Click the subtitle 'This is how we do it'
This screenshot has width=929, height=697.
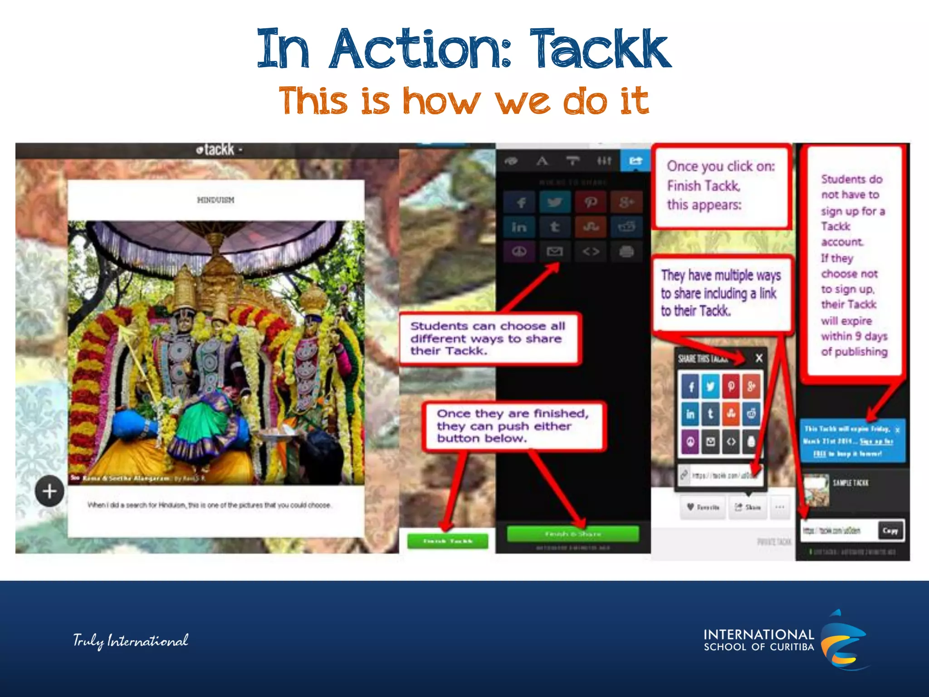(x=464, y=101)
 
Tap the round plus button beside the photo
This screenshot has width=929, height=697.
(x=49, y=491)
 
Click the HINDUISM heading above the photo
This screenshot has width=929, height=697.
(x=215, y=200)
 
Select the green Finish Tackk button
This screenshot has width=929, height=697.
(x=448, y=541)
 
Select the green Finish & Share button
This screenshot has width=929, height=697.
(x=572, y=534)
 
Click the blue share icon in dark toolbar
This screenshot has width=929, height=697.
(x=636, y=161)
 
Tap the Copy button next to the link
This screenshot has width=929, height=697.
(x=890, y=530)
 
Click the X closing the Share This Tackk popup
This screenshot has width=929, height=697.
(x=759, y=358)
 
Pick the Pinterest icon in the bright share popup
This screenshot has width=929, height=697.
(x=731, y=387)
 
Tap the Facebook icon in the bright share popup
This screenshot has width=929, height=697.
(x=690, y=387)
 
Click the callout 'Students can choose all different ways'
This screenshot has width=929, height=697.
(x=488, y=339)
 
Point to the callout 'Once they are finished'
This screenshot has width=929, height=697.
(x=513, y=426)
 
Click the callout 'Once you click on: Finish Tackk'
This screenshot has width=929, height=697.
(x=721, y=186)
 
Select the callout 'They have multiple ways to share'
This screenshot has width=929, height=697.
(x=721, y=293)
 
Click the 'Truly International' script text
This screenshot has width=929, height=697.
(x=131, y=641)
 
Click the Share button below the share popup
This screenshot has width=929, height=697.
(x=748, y=507)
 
